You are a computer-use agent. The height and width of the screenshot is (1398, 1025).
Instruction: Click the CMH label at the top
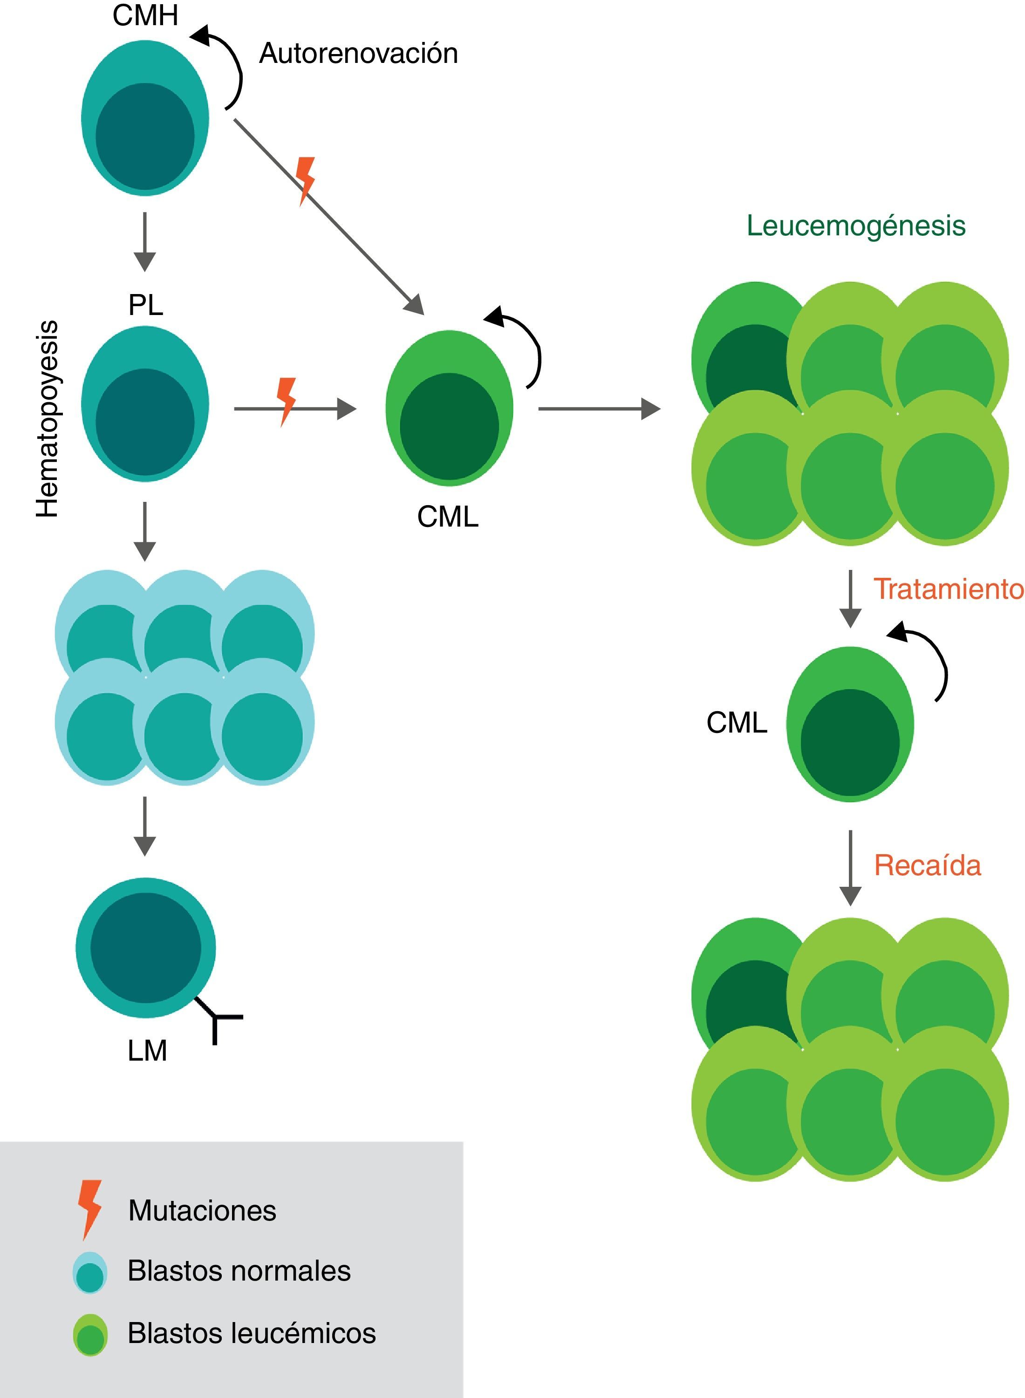145,15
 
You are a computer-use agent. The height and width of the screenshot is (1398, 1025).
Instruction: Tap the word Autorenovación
358,54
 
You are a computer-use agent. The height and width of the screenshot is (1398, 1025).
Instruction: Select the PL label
145,305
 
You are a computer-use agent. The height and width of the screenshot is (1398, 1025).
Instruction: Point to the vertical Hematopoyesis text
47,419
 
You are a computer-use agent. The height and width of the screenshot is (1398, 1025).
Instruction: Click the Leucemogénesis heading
855,226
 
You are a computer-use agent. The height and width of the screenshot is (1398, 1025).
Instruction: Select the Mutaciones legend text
202,1211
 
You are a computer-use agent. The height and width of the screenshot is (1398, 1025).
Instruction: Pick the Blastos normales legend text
239,1271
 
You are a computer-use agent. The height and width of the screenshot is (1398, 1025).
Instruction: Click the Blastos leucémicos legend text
251,1333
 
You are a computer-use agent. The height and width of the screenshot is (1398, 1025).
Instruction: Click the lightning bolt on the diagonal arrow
305,180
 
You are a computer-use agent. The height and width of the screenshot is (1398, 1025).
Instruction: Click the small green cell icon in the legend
90,1334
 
